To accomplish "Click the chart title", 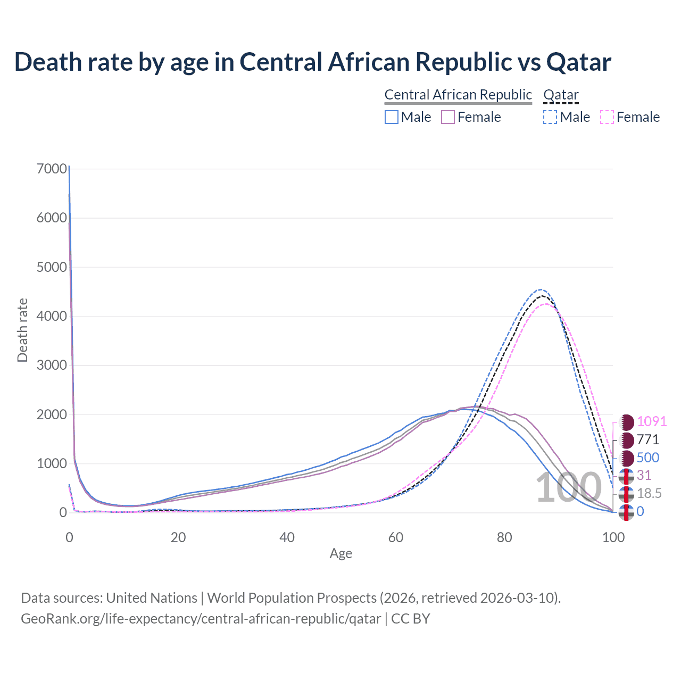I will point(313,62).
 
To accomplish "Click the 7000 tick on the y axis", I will point(52,169).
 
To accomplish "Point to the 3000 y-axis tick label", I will point(52,365).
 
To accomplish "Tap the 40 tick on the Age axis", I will point(287,537).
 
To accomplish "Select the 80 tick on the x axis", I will point(504,537).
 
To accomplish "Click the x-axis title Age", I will point(340,554).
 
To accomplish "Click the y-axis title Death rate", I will point(22,330).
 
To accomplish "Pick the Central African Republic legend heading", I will point(458,95).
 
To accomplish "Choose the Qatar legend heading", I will point(561,95).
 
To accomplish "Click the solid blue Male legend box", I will point(392,117).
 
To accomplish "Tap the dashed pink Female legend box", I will point(607,117).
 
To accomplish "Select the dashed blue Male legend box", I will point(550,117).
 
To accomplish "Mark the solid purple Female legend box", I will point(448,117).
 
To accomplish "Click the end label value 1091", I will point(652,421).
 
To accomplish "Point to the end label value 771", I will point(648,439).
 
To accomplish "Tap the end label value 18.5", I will point(649,494).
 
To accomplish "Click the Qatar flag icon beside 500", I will point(627,458).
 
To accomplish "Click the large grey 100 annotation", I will point(568,488).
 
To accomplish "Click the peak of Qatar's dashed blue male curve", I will point(541,289).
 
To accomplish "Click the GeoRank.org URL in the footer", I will point(201,619).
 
